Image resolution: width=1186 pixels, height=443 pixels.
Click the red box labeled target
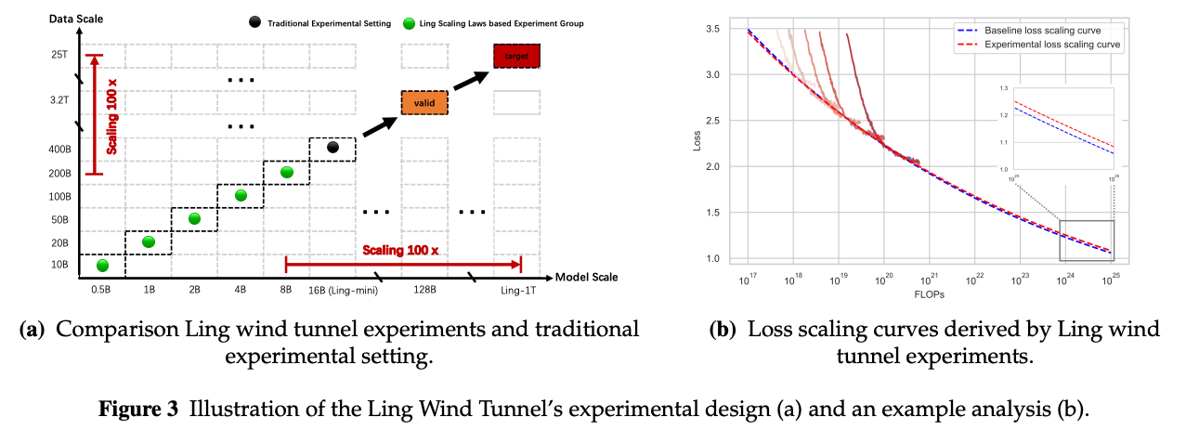pos(515,58)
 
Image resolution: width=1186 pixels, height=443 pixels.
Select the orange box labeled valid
pos(424,102)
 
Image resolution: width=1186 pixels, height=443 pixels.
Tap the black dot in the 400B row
pos(333,147)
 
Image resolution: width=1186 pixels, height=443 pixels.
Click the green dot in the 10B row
pos(102,266)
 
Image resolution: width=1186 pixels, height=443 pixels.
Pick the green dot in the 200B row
pos(287,172)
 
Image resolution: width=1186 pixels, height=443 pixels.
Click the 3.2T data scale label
pos(59,98)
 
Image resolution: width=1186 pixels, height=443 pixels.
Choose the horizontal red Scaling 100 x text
pos(401,251)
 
